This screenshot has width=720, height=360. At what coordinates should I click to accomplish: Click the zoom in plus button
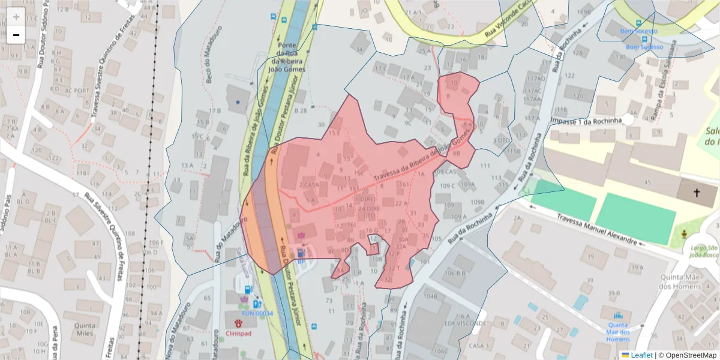tap(16, 17)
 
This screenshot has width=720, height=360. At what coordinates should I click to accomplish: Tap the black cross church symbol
tap(697, 193)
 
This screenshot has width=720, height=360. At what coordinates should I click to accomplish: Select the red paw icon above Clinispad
tap(238, 323)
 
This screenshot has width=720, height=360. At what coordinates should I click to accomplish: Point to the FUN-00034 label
tap(257, 313)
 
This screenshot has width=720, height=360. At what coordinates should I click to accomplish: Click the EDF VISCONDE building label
tap(470, 322)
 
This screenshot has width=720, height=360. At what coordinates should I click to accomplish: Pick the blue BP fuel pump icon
tap(300, 253)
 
